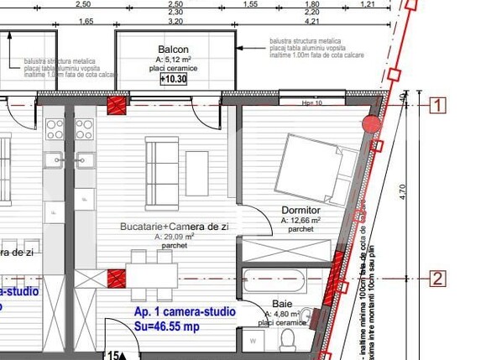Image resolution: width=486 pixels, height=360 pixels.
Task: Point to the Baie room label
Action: [281, 305]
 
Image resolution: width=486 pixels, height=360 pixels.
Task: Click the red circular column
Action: [371, 123]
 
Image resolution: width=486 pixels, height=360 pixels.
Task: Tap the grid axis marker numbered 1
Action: [437, 105]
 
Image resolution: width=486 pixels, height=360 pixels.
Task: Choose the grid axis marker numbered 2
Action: [437, 278]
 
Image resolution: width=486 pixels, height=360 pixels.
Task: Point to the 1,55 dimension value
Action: [250, 4]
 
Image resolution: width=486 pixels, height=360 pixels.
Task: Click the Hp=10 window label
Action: [312, 102]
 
